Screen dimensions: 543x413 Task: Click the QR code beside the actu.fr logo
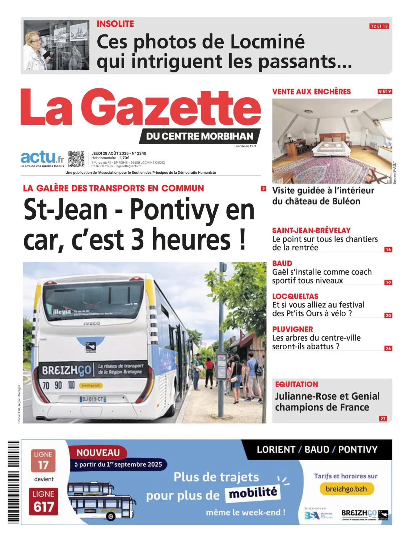point(76,159)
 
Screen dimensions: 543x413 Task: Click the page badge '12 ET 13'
point(379,26)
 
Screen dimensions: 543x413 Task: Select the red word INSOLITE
point(115,24)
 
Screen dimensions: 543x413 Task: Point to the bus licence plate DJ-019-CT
point(93,399)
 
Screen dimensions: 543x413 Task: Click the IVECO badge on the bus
point(92,323)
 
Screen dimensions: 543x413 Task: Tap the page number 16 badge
point(388,249)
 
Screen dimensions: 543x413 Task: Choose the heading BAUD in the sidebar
point(282,263)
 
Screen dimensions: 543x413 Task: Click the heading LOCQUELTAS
point(295,296)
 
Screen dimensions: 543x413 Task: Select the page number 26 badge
point(388,348)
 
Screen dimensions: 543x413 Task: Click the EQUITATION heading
point(296,384)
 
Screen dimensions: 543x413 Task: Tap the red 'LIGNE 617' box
point(43,502)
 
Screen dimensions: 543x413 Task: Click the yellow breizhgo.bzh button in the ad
point(346,489)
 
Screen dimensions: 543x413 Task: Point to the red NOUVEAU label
point(98,452)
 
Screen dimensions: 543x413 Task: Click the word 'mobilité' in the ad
point(253,493)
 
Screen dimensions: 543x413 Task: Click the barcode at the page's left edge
point(13,481)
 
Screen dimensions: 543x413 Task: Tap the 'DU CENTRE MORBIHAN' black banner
point(199,136)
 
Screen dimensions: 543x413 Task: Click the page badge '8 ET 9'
point(384,91)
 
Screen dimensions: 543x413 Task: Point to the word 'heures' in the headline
point(191,239)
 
